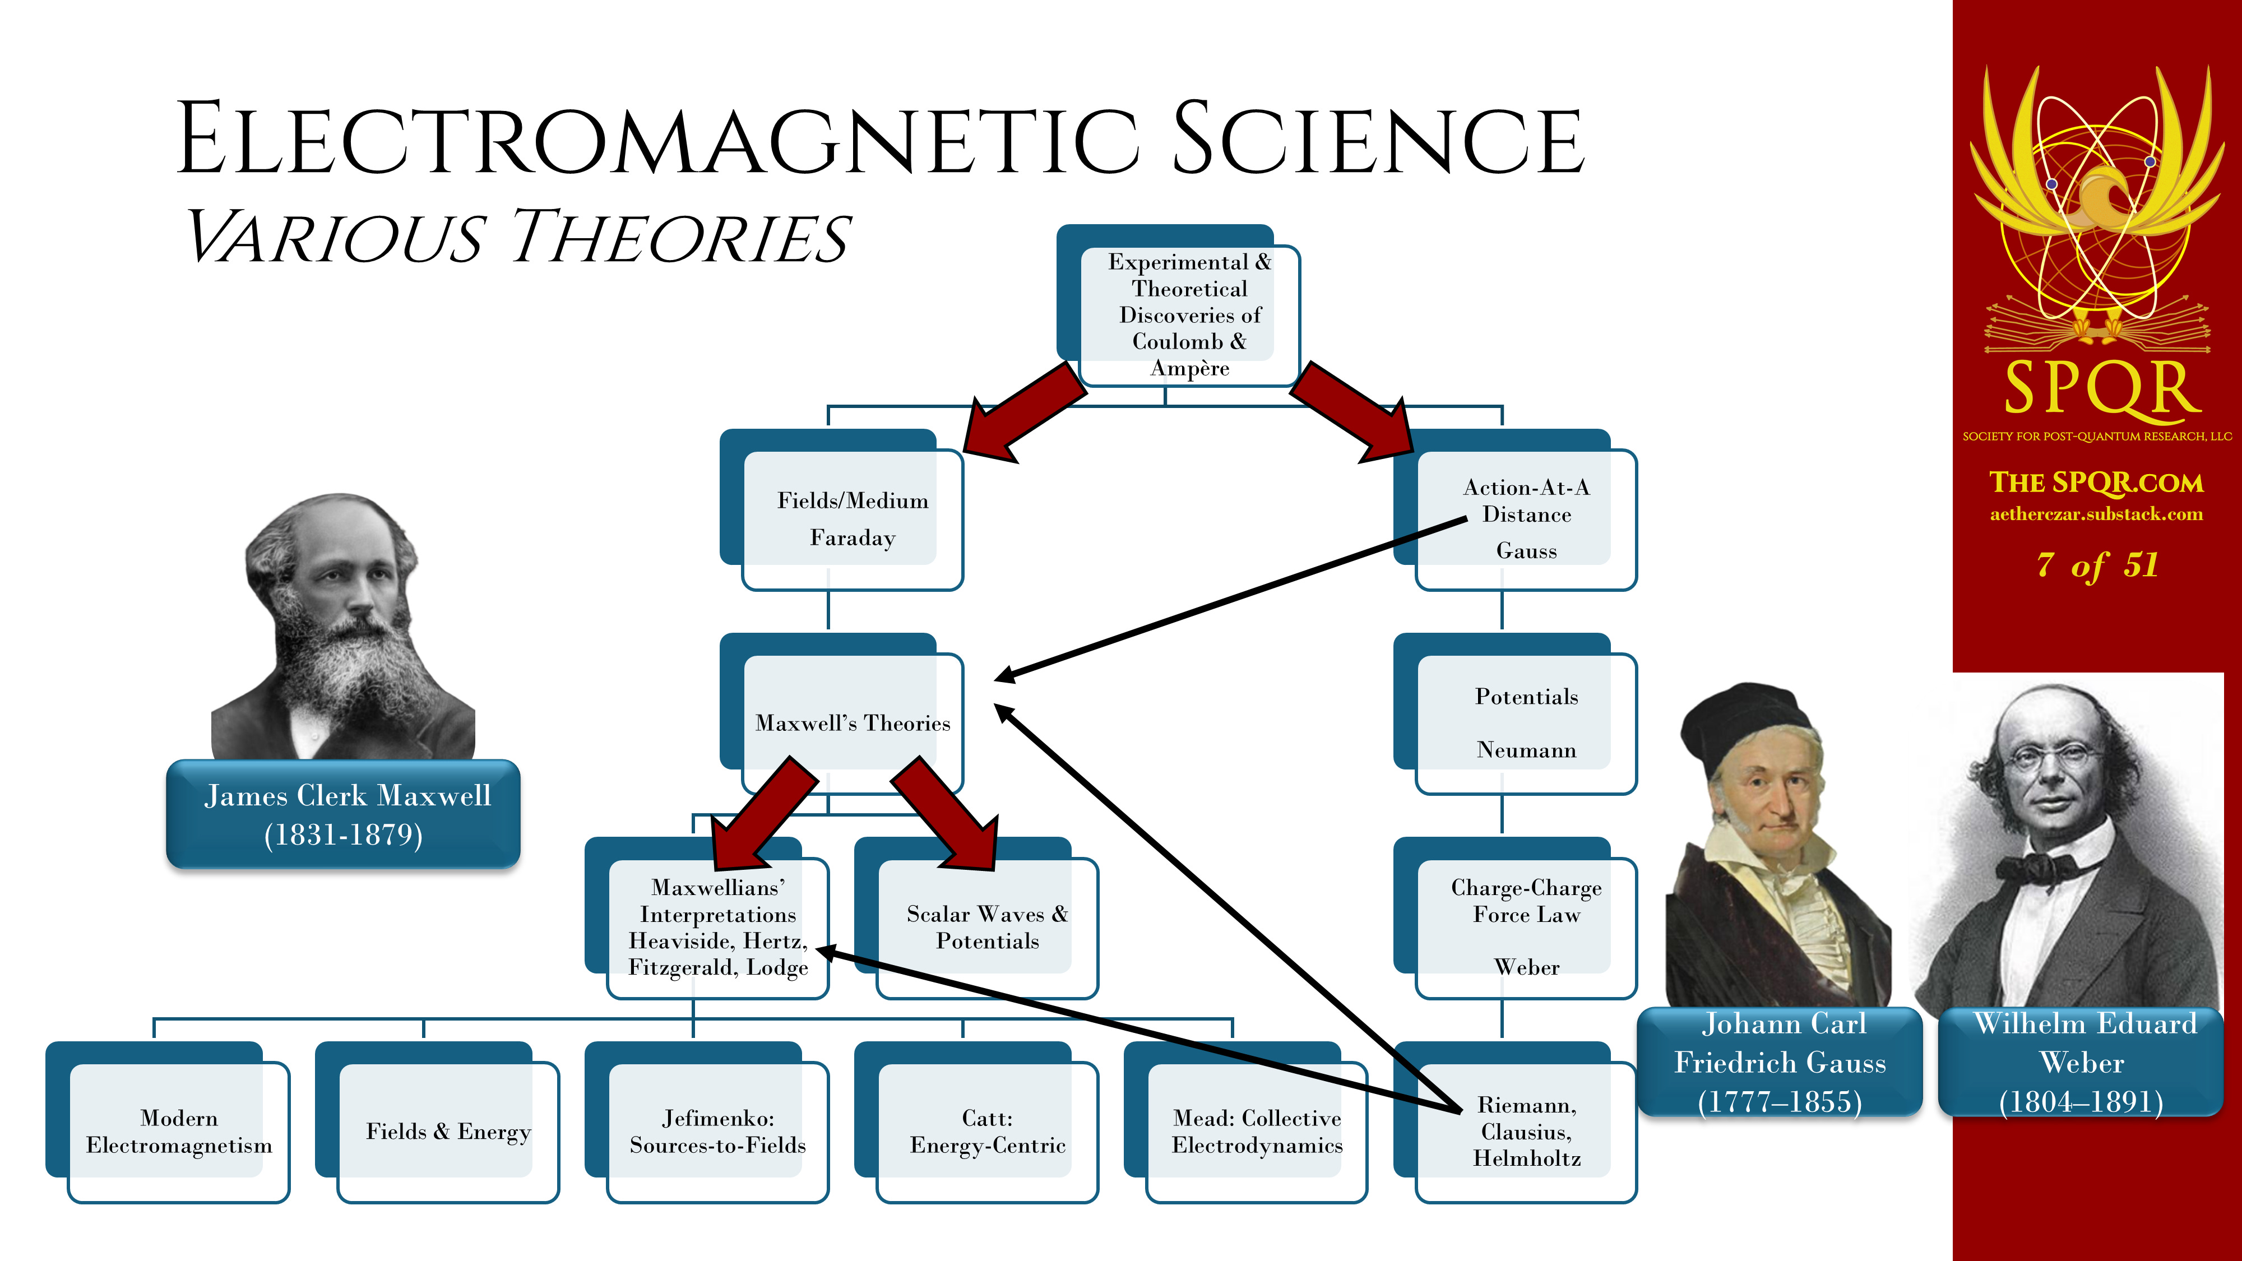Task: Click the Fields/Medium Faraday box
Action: pos(842,510)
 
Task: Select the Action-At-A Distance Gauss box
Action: pos(1515,510)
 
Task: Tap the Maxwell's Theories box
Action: pos(842,713)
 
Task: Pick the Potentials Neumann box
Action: pos(1515,713)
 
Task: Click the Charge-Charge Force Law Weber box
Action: pos(1515,918)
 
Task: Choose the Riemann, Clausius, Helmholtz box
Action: pos(1515,1123)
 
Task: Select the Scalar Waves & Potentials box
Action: pos(976,918)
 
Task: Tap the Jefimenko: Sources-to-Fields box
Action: pos(707,1123)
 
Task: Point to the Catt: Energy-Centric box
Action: pos(976,1123)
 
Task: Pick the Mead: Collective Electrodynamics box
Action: pos(1247,1123)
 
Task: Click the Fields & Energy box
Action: pos(437,1123)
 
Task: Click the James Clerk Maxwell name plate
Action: pos(344,814)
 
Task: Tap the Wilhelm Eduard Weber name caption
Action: pos(2082,1061)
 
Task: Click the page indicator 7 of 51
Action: pos(2097,565)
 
